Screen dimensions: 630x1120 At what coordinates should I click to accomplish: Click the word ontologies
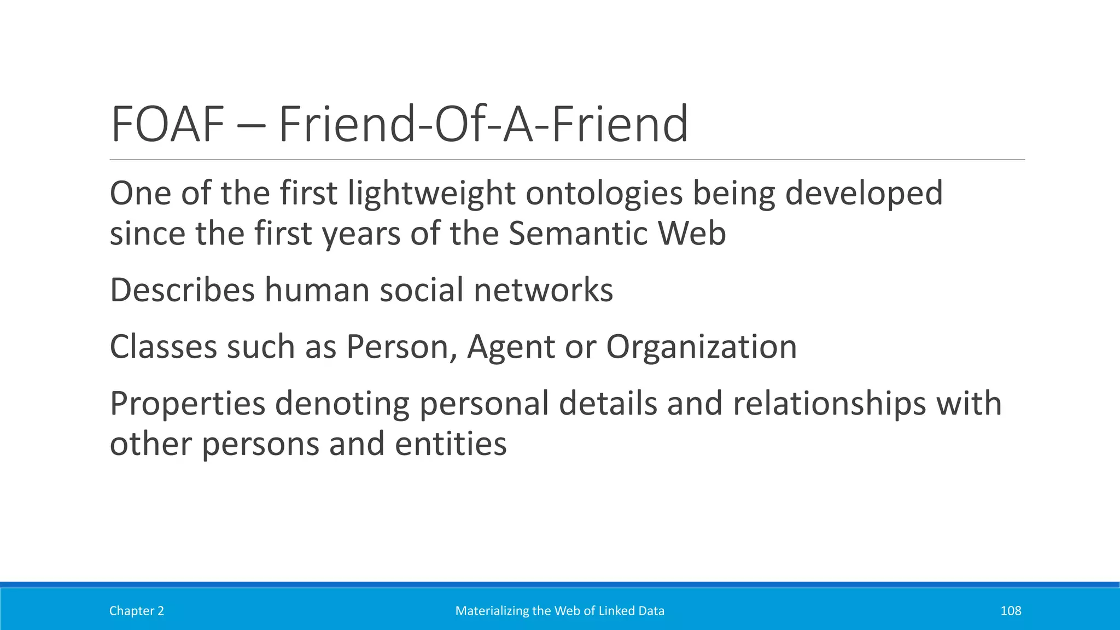coord(604,194)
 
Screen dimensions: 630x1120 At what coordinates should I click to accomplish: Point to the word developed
coord(864,194)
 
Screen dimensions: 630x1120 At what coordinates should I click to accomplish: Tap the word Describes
coord(182,290)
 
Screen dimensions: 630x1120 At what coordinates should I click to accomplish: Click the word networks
coord(543,290)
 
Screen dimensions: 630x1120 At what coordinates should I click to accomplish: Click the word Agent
coord(511,348)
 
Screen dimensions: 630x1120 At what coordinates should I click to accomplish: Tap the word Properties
coord(188,404)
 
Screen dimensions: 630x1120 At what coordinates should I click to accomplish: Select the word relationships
coord(829,404)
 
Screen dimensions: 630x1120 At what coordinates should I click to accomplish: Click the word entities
coord(451,444)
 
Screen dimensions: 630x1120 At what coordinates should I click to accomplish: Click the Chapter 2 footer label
coord(137,611)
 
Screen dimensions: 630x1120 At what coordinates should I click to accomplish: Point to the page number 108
coord(1011,611)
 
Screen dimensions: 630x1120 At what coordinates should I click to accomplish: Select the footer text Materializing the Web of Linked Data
coord(560,611)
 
